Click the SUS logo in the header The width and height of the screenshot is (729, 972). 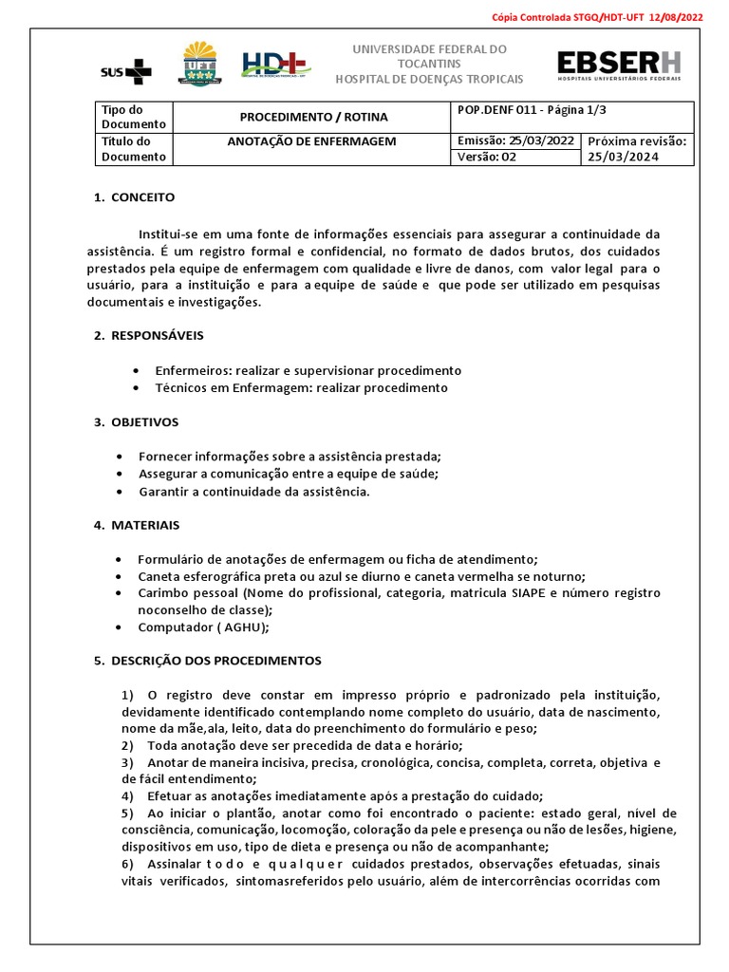pos(125,70)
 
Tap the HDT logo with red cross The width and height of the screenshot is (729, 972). pos(275,65)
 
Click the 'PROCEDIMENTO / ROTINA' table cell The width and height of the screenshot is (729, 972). pos(313,117)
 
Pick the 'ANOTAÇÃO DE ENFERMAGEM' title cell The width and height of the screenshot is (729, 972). pos(313,141)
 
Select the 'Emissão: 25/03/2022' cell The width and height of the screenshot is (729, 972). pos(514,141)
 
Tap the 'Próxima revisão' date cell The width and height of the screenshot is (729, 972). pos(636,149)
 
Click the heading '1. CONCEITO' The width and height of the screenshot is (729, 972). pos(134,197)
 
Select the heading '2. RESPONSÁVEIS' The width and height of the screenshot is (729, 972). pos(148,336)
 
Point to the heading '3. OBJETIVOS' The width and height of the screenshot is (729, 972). pos(136,421)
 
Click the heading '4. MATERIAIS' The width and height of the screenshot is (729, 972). pos(137,525)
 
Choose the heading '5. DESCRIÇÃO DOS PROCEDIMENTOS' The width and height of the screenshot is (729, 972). pos(207,661)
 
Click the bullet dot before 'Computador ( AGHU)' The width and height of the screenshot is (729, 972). pos(118,627)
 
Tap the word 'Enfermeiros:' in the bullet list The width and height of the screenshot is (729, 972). pos(187,370)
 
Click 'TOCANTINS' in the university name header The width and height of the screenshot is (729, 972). pos(430,63)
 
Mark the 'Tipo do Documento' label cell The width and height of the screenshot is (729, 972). pos(134,117)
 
